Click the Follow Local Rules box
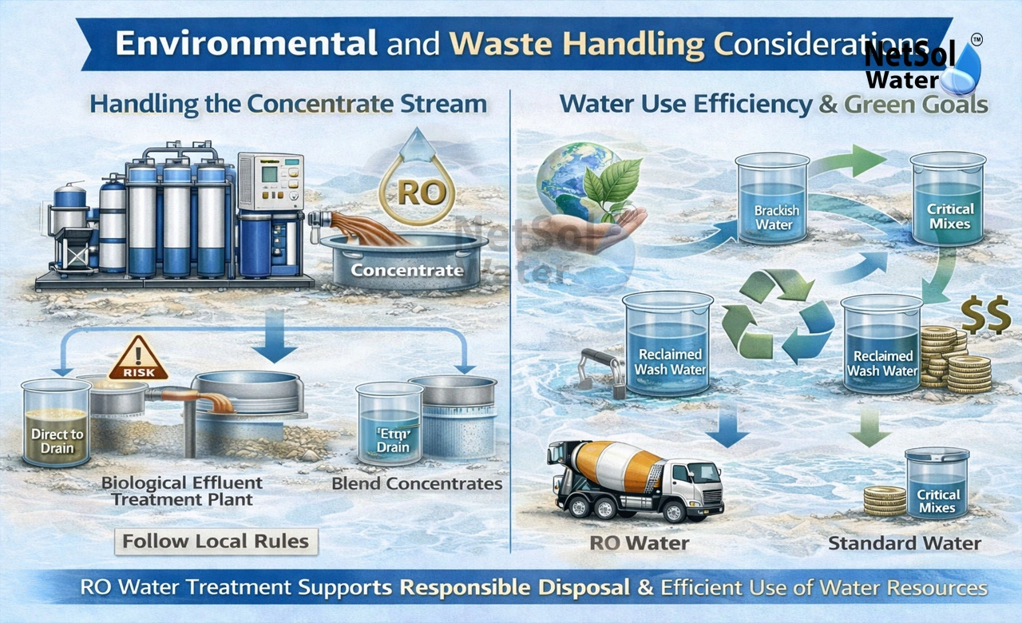pos(216,541)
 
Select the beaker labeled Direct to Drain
pos(57,423)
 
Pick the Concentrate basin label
pos(406,270)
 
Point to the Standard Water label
pos(904,544)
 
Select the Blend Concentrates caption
pos(417,484)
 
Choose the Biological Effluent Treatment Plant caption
pos(182,490)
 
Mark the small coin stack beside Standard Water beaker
pos(885,500)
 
